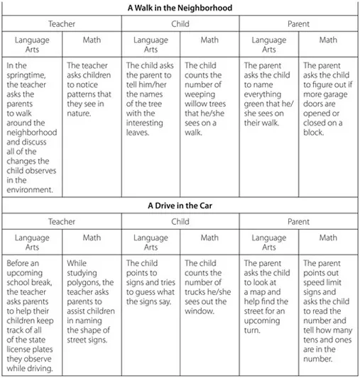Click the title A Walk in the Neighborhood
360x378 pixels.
point(180,8)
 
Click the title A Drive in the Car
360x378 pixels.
point(180,206)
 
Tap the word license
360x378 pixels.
point(29,329)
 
